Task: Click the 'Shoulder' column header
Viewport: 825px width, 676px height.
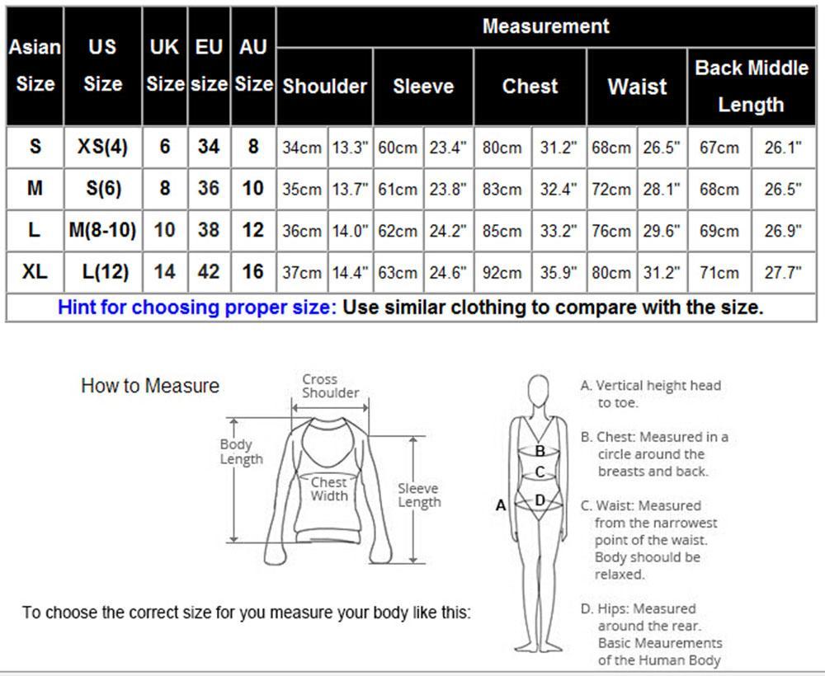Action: point(324,87)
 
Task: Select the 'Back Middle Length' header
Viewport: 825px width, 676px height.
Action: point(752,87)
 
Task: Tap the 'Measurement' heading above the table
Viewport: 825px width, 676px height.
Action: point(545,26)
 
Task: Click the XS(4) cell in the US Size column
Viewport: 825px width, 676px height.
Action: point(102,147)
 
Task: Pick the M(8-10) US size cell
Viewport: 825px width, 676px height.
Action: point(102,230)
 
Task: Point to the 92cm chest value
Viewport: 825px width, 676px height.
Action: point(502,273)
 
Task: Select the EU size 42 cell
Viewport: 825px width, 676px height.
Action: point(209,272)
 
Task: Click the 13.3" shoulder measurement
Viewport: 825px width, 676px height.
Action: point(350,148)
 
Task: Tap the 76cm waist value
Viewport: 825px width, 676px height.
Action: point(610,232)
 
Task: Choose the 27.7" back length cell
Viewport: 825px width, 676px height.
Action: point(783,273)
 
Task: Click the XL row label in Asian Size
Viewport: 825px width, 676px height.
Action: point(35,272)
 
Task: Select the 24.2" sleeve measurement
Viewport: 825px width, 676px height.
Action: point(448,232)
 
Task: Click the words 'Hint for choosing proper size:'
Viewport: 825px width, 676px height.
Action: point(197,307)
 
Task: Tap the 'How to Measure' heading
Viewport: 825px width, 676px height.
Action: point(150,386)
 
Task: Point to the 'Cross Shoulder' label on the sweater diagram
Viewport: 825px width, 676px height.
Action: point(331,386)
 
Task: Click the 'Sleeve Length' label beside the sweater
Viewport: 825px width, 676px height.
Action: point(419,495)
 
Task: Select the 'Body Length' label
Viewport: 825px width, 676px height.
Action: point(241,452)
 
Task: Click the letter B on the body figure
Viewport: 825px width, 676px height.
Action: point(540,451)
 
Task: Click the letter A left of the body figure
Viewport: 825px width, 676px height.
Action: point(501,505)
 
